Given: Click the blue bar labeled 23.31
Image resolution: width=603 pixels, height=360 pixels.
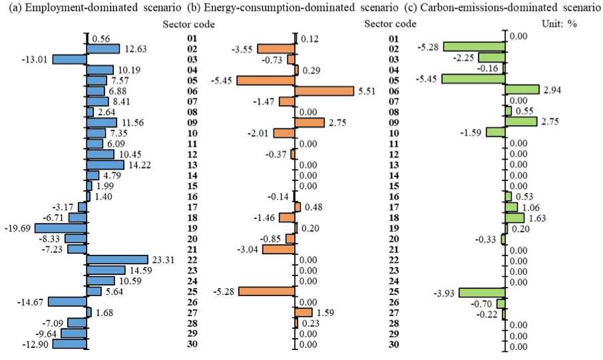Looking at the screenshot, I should [117, 260].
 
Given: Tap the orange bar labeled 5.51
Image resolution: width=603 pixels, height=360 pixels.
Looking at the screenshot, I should [324, 90].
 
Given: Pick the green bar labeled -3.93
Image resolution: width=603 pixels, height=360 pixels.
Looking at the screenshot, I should [482, 293].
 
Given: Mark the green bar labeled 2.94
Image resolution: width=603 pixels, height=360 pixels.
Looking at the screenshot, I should [522, 90].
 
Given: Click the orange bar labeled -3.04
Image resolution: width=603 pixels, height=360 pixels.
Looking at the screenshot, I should [279, 249].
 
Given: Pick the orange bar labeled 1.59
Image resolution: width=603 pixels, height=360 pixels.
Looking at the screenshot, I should [303, 312].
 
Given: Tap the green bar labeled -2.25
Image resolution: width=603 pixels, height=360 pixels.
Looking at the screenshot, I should [492, 58].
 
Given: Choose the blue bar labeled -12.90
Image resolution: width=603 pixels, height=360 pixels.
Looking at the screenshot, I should [70, 344].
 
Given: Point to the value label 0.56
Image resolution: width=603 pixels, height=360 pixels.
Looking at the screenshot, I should [101, 39].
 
